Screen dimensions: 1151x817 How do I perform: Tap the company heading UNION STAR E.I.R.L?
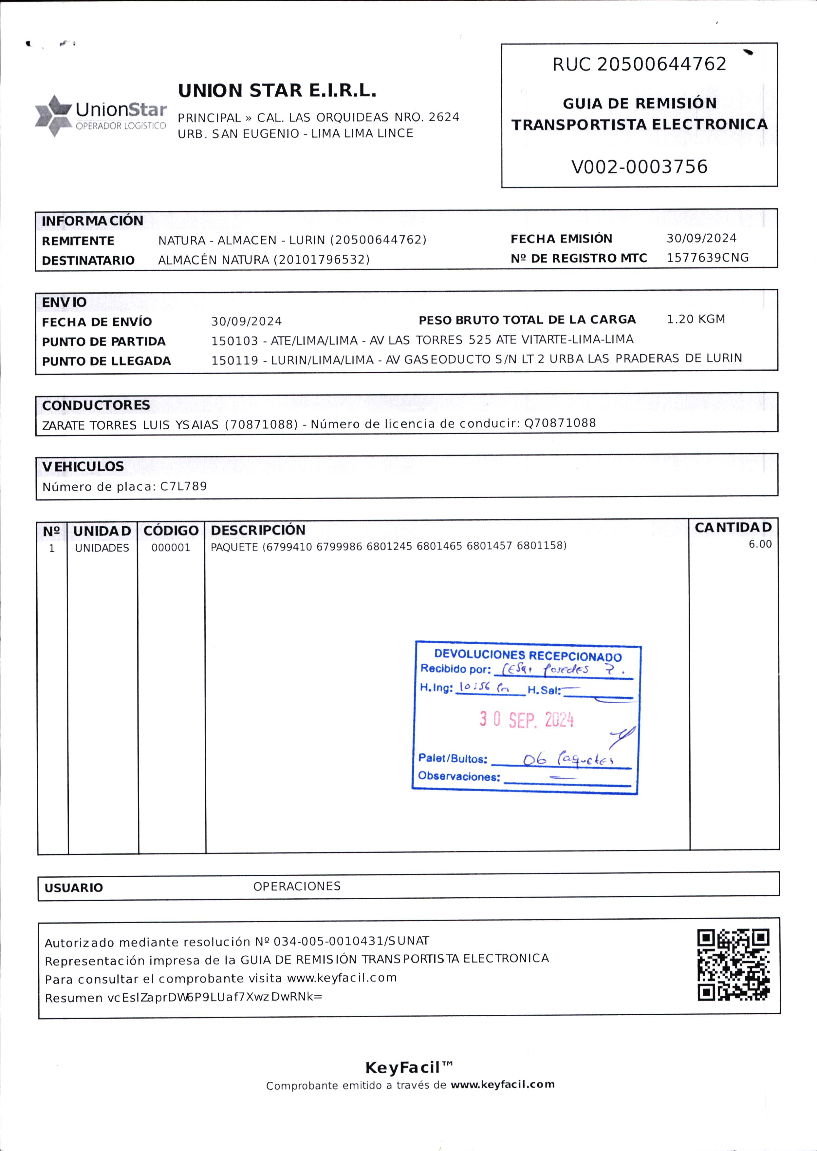[x=277, y=91]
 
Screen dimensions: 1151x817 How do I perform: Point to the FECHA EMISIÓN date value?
[x=701, y=238]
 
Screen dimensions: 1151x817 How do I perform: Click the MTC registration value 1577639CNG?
[x=707, y=258]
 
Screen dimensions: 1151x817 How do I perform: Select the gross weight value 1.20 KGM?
[x=696, y=319]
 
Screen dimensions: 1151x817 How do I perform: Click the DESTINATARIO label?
[x=88, y=260]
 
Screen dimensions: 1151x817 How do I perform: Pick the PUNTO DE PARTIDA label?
[x=103, y=342]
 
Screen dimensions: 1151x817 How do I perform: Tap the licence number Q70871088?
[x=560, y=423]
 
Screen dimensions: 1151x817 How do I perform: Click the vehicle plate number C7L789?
[x=184, y=486]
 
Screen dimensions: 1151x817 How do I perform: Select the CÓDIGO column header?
[x=171, y=531]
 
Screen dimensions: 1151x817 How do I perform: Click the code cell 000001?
[x=171, y=548]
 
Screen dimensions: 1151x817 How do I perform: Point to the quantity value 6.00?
[x=760, y=544]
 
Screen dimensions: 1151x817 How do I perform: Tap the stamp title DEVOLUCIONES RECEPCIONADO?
[x=528, y=655]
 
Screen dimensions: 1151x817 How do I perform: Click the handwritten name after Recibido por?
[x=558, y=670]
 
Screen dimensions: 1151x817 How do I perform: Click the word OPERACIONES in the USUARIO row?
[x=297, y=886]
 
